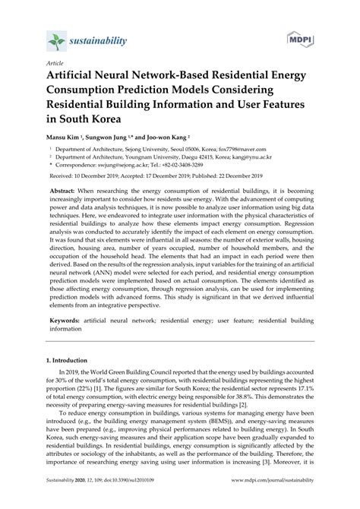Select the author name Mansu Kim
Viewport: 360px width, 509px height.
66,138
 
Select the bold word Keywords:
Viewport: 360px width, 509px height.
83,343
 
